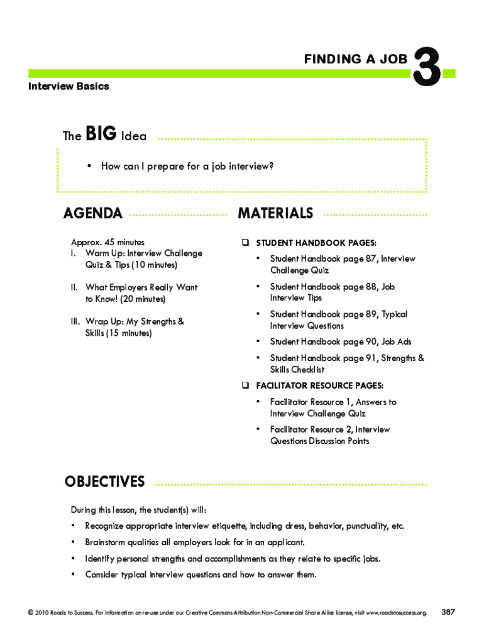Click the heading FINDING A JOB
(x=356, y=59)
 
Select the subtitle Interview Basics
(x=69, y=86)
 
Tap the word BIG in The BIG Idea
(x=101, y=134)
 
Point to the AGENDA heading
(x=93, y=214)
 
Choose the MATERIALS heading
(x=275, y=214)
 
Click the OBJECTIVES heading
(x=104, y=482)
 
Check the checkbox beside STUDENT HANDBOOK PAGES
(x=244, y=243)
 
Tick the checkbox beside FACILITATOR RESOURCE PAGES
(x=244, y=385)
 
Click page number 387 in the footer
(x=449, y=612)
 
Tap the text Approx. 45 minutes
(x=107, y=242)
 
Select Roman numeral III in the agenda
(x=74, y=321)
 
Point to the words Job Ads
(x=396, y=341)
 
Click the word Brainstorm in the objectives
(x=106, y=542)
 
